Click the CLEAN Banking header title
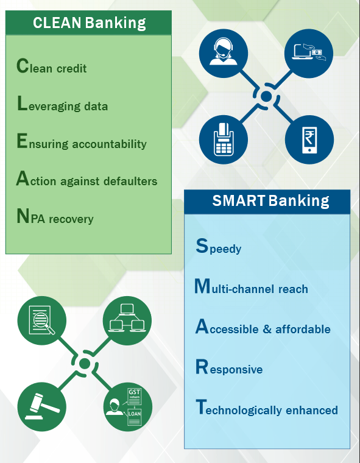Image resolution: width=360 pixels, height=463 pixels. [x=90, y=23]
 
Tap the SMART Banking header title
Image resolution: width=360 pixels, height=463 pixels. [x=270, y=201]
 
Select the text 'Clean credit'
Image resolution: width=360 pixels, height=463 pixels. [x=52, y=66]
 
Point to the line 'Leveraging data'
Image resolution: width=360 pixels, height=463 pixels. [x=62, y=104]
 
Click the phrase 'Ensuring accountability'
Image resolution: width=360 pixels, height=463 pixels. [x=82, y=141]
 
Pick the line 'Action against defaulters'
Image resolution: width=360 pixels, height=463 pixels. [x=87, y=178]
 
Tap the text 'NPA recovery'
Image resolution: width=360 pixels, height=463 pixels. [x=55, y=216]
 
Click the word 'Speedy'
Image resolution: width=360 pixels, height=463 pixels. [x=219, y=247]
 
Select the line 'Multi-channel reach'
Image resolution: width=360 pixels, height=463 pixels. [x=251, y=286]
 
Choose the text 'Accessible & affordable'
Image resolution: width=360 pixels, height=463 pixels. [x=263, y=327]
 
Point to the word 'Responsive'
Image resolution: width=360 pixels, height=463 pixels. [x=229, y=367]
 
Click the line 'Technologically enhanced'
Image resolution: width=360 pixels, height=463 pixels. [x=267, y=408]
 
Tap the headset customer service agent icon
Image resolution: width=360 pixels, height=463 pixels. [x=224, y=54]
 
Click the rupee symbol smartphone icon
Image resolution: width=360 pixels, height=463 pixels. [x=309, y=140]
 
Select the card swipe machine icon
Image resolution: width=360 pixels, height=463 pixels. [x=224, y=140]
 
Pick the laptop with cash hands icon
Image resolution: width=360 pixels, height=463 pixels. [x=309, y=54]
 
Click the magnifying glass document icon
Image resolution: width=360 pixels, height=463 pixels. [x=41, y=320]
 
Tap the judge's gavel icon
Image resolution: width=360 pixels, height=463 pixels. [x=41, y=406]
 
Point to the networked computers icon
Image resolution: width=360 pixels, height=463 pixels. [x=127, y=320]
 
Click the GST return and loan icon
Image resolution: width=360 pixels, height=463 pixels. [x=127, y=406]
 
